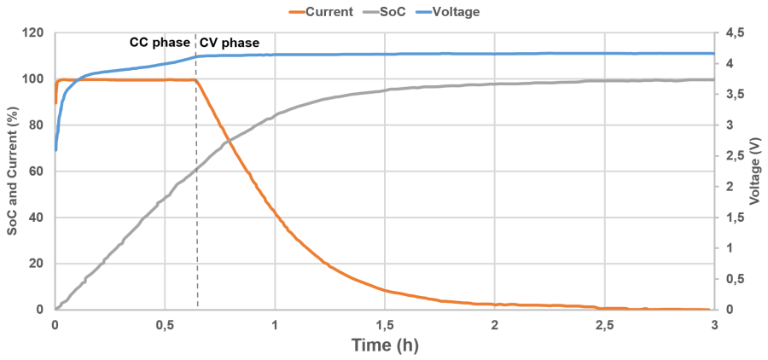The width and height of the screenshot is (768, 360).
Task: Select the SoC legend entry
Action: click(396, 12)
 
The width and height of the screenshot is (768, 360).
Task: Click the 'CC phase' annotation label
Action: click(160, 42)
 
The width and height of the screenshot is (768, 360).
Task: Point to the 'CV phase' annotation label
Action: click(230, 42)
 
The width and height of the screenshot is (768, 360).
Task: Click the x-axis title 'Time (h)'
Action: click(384, 345)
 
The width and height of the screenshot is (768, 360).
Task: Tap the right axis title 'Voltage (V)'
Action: click(754, 171)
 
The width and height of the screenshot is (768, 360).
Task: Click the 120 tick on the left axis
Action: click(32, 33)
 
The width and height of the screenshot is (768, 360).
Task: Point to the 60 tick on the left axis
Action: click(36, 171)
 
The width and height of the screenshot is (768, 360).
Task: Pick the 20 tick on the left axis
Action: click(36, 264)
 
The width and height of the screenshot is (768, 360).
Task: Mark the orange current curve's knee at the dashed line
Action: click(197, 80)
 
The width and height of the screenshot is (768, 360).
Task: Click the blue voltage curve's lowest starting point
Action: click(55, 150)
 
